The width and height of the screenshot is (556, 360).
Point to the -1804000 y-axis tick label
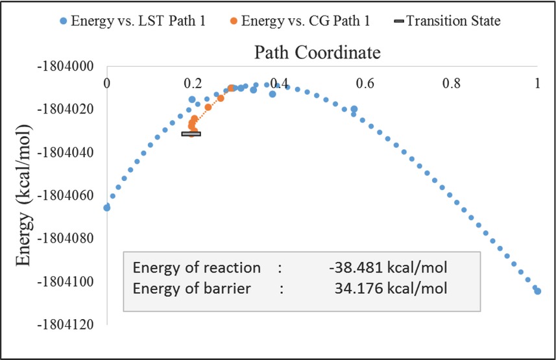66,67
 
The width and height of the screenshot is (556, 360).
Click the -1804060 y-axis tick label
66,195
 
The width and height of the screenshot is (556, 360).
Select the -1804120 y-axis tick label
66,324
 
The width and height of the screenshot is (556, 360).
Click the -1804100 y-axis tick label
66,282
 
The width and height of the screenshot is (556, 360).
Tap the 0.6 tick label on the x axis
365,83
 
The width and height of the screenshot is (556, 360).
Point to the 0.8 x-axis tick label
452,83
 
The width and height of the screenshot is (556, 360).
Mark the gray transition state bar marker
191,134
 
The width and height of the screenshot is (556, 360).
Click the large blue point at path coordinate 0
107,208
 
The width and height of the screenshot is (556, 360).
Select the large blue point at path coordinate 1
537,291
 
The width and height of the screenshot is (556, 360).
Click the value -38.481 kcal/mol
388,268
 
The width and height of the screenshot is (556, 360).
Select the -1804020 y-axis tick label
66,110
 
